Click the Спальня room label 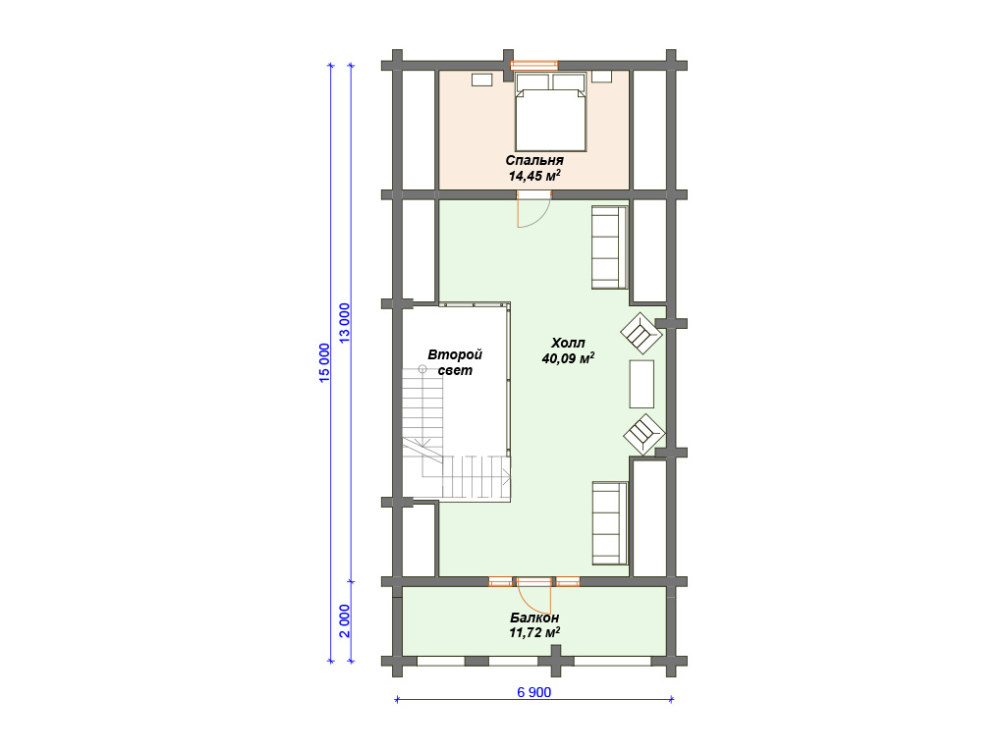pos(534,160)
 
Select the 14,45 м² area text pos(534,176)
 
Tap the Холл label pos(568,343)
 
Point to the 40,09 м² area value pos(568,358)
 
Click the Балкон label pos(534,619)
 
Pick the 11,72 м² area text pos(534,633)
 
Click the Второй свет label pos(455,362)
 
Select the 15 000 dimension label pos(324,363)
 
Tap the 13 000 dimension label pos(345,323)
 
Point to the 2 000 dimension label pos(345,620)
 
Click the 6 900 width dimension pos(533,692)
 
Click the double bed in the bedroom pos(550,112)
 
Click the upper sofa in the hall pos(609,247)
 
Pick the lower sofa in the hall pos(609,523)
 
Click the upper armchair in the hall pos(641,333)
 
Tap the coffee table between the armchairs pos(642,384)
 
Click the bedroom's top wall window pos(533,65)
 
